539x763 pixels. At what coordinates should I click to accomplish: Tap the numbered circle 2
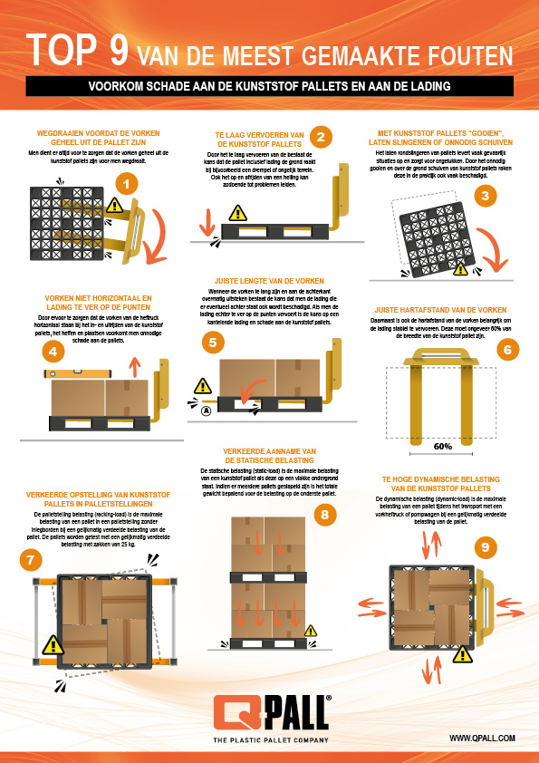pyautogui.click(x=320, y=136)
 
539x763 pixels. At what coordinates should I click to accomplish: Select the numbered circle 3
pyautogui.click(x=486, y=195)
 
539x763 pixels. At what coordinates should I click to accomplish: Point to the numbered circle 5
pyautogui.click(x=212, y=343)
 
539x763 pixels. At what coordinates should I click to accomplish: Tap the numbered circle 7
pyautogui.click(x=32, y=560)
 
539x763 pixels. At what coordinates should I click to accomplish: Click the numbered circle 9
pyautogui.click(x=486, y=546)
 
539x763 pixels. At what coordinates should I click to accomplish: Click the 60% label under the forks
pyautogui.click(x=443, y=446)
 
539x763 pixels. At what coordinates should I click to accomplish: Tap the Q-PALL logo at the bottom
pyautogui.click(x=270, y=709)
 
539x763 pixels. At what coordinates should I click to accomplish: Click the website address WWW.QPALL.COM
pyautogui.click(x=482, y=739)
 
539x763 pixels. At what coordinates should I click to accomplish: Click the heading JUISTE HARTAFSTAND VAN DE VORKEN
pyautogui.click(x=441, y=309)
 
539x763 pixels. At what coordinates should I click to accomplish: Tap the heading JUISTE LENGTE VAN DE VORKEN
pyautogui.click(x=268, y=281)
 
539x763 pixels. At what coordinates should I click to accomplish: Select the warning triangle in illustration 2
pyautogui.click(x=237, y=213)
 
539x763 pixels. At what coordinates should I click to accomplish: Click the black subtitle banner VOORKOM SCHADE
pyautogui.click(x=269, y=87)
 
